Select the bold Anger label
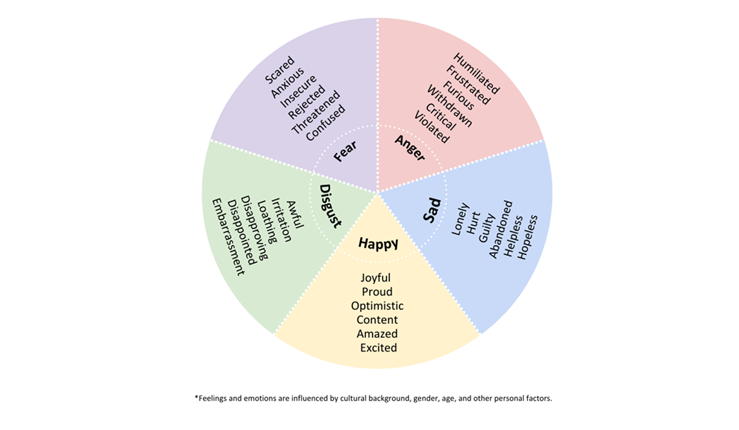pyautogui.click(x=410, y=148)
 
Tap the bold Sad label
pyautogui.click(x=432, y=210)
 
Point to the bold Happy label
pyautogui.click(x=378, y=243)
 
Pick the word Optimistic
pyautogui.click(x=377, y=306)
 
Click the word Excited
pyautogui.click(x=379, y=347)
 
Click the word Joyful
pyautogui.click(x=376, y=278)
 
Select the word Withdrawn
pyautogui.click(x=449, y=106)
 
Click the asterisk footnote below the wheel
pyautogui.click(x=373, y=399)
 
